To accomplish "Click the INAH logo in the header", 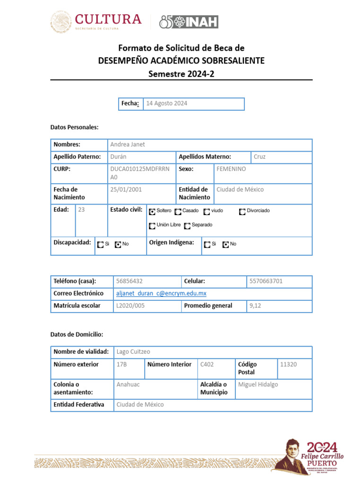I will coord(189,22).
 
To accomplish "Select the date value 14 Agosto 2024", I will coord(167,103).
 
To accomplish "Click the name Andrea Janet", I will coord(128,144).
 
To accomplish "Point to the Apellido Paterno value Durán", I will coord(118,157).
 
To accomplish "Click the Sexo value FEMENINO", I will coord(231,169).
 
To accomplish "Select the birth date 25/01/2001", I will coord(126,189).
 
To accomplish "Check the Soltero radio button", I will coord(152,211).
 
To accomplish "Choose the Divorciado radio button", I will coord(242,211).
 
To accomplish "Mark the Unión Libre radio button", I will coord(152,225).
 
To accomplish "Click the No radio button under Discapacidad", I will coord(118,244).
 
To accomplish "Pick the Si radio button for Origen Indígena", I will coord(207,244).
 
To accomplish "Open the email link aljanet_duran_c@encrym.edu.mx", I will coord(161,294).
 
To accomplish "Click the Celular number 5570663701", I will coord(266,281).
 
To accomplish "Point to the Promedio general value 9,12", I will coord(255,306).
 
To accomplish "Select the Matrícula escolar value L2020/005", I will coord(130,306).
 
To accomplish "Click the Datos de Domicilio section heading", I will coord(77,334).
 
